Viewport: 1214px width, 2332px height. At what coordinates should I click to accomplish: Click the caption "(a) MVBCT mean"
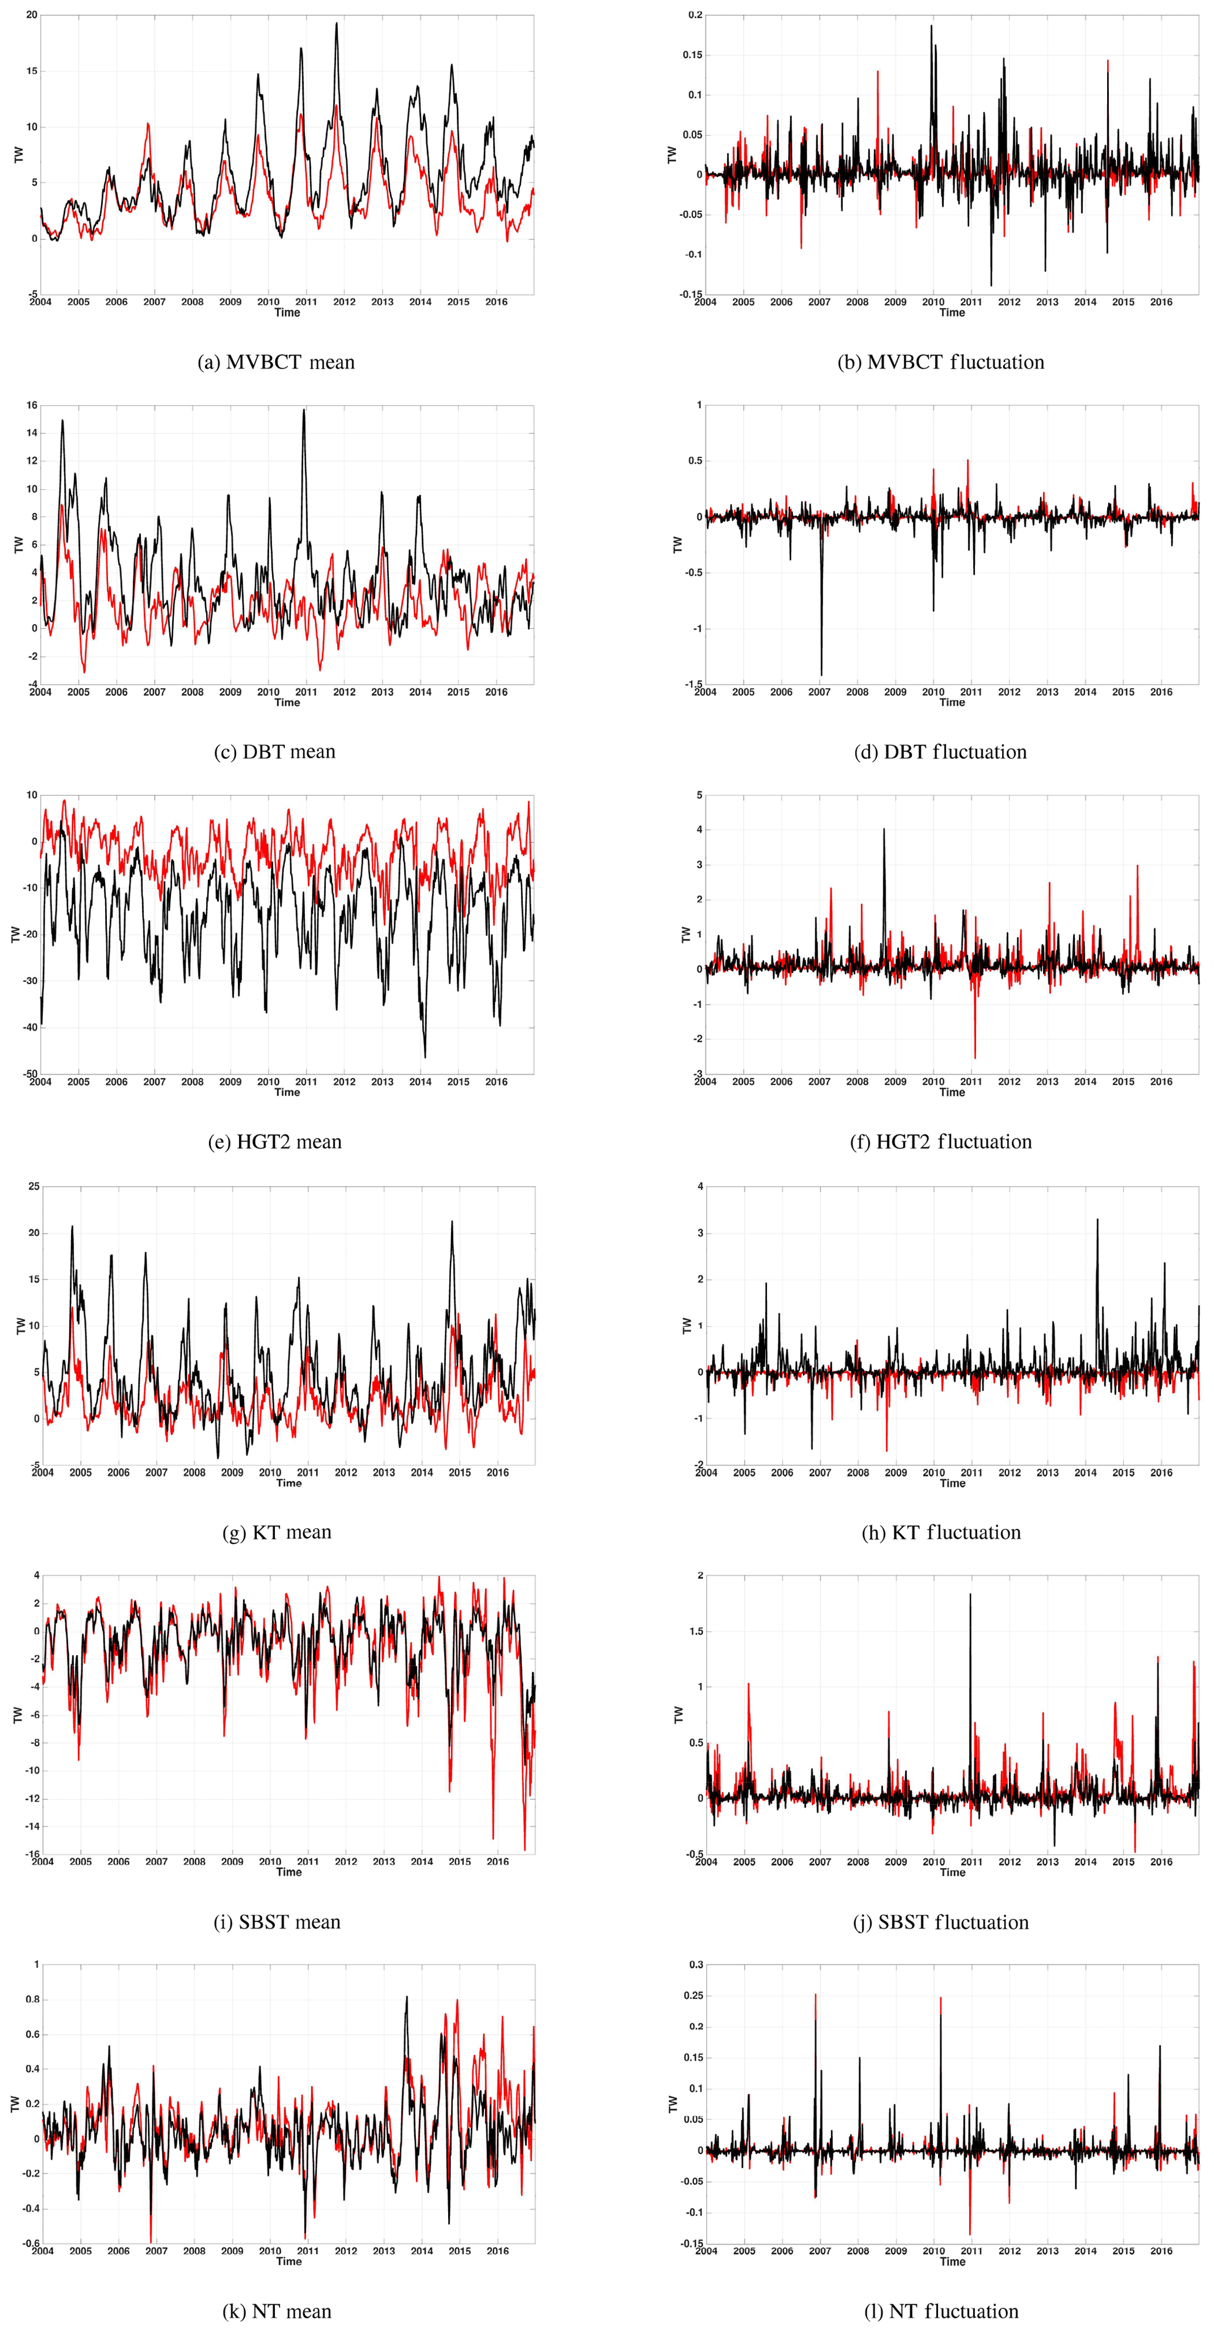pos(276,363)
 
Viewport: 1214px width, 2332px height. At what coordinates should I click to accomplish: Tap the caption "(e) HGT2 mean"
pos(275,1143)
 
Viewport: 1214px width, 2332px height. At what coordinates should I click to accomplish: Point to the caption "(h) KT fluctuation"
pos(941,1532)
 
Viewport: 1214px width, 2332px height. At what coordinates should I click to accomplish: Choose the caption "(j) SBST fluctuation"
pos(941,1922)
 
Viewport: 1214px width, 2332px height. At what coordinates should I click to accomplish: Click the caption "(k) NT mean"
pos(276,2311)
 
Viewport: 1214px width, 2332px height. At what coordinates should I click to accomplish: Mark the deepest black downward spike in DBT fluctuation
pos(821,673)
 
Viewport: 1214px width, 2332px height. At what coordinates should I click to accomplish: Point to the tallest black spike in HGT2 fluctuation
pos(885,830)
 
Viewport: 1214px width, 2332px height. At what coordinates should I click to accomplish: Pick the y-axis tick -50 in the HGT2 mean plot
pos(29,1074)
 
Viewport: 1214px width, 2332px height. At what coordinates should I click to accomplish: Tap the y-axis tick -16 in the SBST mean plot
pos(32,1854)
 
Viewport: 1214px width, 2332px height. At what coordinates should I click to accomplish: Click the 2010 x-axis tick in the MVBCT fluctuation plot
pos(933,302)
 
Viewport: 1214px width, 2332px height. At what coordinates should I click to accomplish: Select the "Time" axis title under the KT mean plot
pos(289,1483)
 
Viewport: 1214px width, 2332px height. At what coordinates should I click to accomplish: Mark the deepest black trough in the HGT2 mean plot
pos(425,1056)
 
